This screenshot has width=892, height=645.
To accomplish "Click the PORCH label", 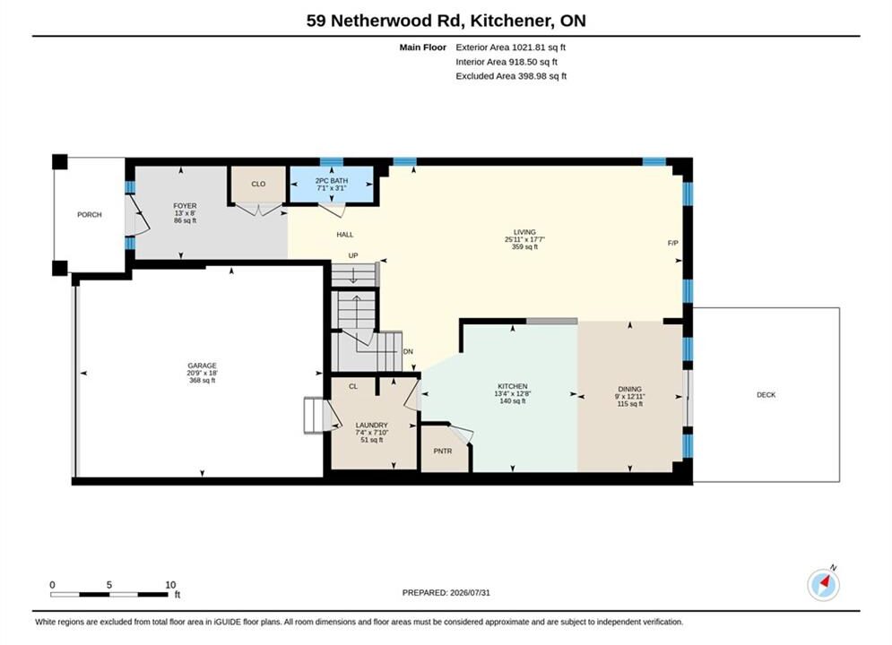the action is pyautogui.click(x=90, y=215).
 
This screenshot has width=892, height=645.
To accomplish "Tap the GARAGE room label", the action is pyautogui.click(x=202, y=365).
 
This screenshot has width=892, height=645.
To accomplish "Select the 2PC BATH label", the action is pyautogui.click(x=332, y=181).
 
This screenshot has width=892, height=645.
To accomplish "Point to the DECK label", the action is pyautogui.click(x=766, y=394).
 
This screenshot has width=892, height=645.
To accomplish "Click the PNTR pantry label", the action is pyautogui.click(x=443, y=451).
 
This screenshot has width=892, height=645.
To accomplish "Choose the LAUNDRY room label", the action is pyautogui.click(x=371, y=426).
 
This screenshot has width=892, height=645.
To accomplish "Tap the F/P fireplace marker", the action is pyautogui.click(x=673, y=243).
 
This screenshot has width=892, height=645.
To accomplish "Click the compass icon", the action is pyautogui.click(x=823, y=584).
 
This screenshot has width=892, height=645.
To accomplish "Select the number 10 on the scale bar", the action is pyautogui.click(x=170, y=585).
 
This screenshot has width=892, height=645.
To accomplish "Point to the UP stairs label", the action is pyautogui.click(x=353, y=255).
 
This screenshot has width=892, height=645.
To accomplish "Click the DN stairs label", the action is pyautogui.click(x=408, y=352).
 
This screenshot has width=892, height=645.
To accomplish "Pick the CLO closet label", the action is pyautogui.click(x=258, y=184).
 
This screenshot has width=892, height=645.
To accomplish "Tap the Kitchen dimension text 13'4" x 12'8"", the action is pyautogui.click(x=513, y=393).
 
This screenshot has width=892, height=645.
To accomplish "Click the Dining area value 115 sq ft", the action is pyautogui.click(x=629, y=403).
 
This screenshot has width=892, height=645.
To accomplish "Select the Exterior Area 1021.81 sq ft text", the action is pyautogui.click(x=510, y=47).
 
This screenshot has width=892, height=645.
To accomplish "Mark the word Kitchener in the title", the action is pyautogui.click(x=512, y=21).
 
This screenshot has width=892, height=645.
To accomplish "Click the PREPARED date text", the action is pyautogui.click(x=446, y=593).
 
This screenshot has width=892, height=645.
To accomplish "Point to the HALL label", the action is pyautogui.click(x=345, y=234).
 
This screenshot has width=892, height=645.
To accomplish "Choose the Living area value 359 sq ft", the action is pyautogui.click(x=524, y=246).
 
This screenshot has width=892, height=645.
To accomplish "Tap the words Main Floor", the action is pyautogui.click(x=422, y=47).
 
